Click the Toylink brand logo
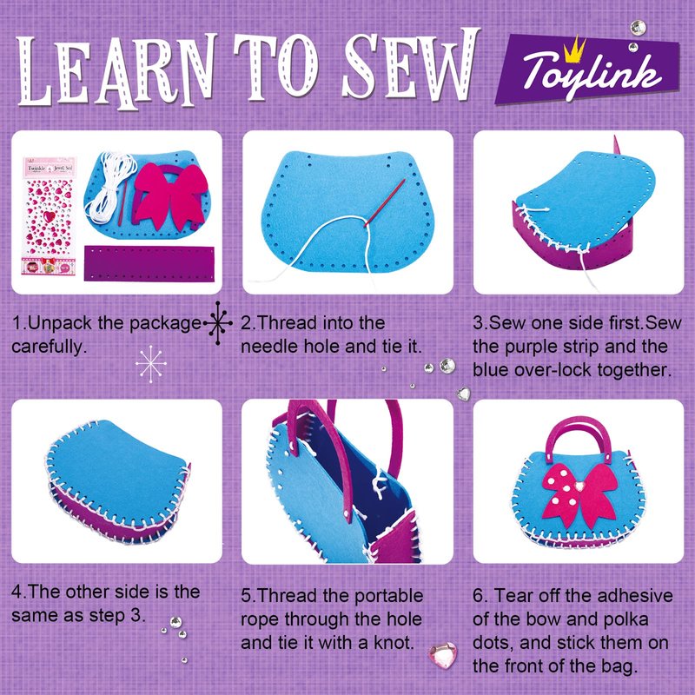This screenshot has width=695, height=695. tap(589, 71)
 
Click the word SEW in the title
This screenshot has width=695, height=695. tap(411, 66)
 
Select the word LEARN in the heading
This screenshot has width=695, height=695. tap(116, 71)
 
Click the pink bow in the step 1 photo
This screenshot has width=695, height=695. tap(170, 195)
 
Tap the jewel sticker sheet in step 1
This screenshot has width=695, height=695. tap(50, 215)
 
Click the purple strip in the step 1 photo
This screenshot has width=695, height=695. tap(149, 263)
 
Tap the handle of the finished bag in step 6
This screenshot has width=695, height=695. tap(578, 439)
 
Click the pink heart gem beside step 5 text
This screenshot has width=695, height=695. tap(443, 654)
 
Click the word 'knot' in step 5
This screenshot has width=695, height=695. tap(394, 642)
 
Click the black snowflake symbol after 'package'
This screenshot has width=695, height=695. tap(218, 323)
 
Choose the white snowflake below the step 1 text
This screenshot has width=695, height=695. tap(151, 364)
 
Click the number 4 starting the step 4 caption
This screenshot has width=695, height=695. tap(17, 592)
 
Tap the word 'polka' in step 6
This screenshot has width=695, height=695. tap(625, 619)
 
